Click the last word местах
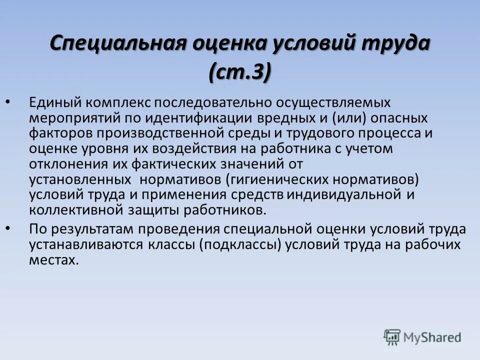[x=53, y=260]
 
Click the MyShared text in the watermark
[x=432, y=337]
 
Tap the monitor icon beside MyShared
[x=392, y=337]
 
